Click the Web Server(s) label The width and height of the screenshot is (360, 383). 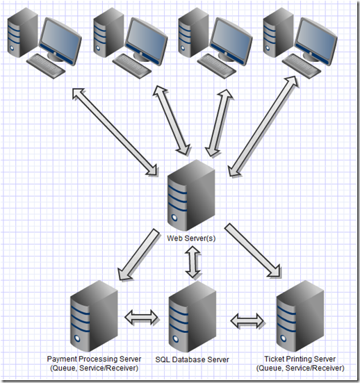pyautogui.click(x=191, y=238)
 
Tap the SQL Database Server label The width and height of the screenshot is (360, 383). pyautogui.click(x=193, y=359)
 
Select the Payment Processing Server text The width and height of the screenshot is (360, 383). pyautogui.click(x=94, y=359)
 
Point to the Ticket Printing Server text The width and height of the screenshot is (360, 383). pyautogui.click(x=300, y=359)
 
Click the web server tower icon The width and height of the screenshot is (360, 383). pyautogui.click(x=191, y=195)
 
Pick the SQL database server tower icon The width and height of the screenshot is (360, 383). pyautogui.click(x=193, y=316)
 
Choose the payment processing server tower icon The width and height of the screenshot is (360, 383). pyautogui.click(x=94, y=316)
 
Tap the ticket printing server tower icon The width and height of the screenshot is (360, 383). pyautogui.click(x=300, y=316)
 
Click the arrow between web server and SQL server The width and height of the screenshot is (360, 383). pyautogui.click(x=193, y=262)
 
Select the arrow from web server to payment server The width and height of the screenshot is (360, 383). pyautogui.click(x=138, y=254)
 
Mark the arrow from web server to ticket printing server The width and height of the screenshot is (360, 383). pyautogui.click(x=252, y=251)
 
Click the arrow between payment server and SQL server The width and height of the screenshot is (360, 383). pyautogui.click(x=141, y=317)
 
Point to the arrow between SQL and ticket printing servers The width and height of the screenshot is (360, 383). pyautogui.click(x=247, y=320)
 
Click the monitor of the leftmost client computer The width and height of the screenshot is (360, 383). pyautogui.click(x=60, y=41)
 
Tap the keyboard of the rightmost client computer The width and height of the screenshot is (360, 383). pyautogui.click(x=302, y=66)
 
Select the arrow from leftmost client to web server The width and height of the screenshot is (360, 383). pyautogui.click(x=115, y=131)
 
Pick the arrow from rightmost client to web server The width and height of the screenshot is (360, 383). pyautogui.click(x=263, y=126)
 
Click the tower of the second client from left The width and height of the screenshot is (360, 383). pyautogui.click(x=108, y=33)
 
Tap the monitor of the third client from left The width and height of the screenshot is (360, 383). pyautogui.click(x=231, y=41)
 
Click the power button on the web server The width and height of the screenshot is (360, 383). pyautogui.click(x=174, y=217)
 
